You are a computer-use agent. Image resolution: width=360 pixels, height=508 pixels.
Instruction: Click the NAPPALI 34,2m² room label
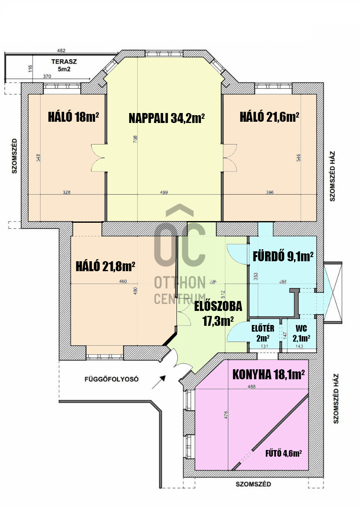point(167,118)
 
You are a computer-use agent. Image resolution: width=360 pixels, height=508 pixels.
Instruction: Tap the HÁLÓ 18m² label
point(73,117)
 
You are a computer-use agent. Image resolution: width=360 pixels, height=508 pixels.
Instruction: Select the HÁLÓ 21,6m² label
point(269,117)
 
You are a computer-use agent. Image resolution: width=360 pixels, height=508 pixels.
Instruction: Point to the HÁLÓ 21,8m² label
point(105,266)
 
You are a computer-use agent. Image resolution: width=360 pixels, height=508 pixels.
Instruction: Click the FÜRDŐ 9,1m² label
point(283,257)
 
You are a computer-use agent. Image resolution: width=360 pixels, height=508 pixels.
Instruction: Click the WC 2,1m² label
point(302,333)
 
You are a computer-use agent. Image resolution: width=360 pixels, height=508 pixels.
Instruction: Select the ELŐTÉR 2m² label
point(263,333)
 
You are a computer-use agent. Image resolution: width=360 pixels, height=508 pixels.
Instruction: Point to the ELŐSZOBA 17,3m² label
point(218,314)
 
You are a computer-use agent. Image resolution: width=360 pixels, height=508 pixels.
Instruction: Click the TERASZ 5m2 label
point(64,65)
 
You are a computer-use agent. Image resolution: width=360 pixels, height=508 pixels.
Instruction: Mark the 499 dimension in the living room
point(164,193)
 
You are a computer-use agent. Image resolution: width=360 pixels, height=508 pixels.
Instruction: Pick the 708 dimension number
point(135,139)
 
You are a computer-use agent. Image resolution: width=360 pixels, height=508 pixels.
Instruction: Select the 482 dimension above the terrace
point(61,51)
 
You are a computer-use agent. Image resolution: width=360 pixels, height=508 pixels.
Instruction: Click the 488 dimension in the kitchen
point(251,386)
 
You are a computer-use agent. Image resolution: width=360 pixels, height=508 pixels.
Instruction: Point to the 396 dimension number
point(270,193)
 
